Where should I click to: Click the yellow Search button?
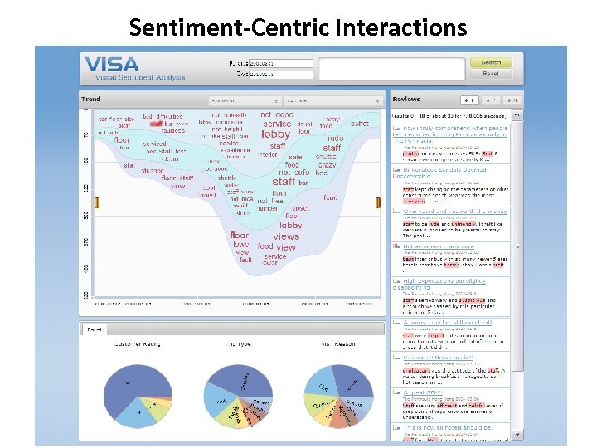(x=490, y=62)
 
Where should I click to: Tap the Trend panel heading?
(x=90, y=100)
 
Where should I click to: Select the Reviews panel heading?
(x=406, y=100)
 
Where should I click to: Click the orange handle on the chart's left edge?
(x=97, y=203)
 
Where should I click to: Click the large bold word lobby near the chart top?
(x=276, y=134)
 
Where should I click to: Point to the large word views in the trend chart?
(x=286, y=236)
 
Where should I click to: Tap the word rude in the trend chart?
(x=334, y=139)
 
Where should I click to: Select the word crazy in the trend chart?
(x=326, y=165)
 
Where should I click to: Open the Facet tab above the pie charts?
(x=95, y=329)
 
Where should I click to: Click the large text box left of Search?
(x=391, y=70)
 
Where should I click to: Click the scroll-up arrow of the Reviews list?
(x=518, y=114)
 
